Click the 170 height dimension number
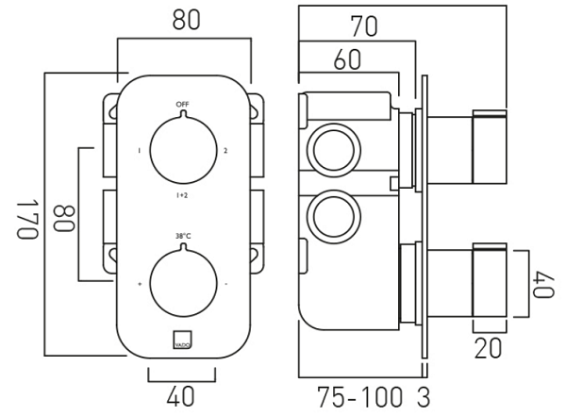click(x=25, y=220)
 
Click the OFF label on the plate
click(x=182, y=103)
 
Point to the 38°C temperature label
click(x=182, y=236)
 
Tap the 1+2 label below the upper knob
click(x=182, y=195)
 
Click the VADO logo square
click(x=183, y=338)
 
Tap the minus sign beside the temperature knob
click(x=226, y=283)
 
